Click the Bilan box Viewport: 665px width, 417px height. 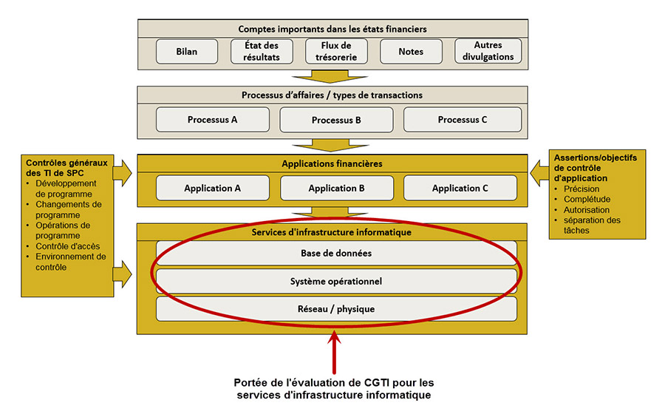click(x=187, y=51)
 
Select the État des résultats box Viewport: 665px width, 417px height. click(x=262, y=51)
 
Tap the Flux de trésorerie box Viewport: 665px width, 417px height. click(x=336, y=51)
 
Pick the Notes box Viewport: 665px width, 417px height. click(x=411, y=51)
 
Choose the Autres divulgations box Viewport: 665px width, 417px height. click(x=488, y=51)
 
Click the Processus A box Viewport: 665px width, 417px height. click(x=212, y=120)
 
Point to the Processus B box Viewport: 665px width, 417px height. click(x=336, y=120)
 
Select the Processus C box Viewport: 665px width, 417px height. click(x=463, y=120)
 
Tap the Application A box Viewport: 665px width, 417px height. click(x=212, y=188)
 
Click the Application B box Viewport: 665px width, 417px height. click(x=336, y=188)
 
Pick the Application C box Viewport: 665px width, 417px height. click(x=460, y=188)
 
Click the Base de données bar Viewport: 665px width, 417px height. click(x=336, y=253)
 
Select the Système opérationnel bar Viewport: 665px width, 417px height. click(x=336, y=281)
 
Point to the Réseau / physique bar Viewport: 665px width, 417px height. click(x=336, y=308)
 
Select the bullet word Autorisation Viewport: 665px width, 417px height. click(x=587, y=210)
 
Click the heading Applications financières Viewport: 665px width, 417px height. click(x=332, y=163)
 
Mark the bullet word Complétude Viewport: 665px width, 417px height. click(x=587, y=200)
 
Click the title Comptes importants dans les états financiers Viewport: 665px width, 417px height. click(x=332, y=29)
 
